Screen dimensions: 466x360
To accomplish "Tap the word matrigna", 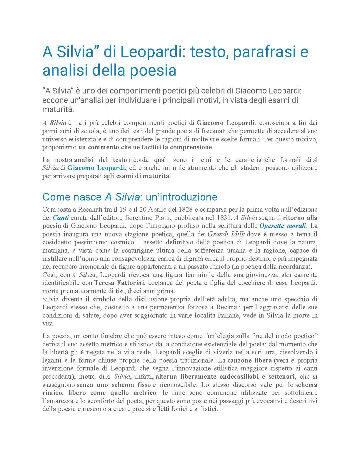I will click(55, 250).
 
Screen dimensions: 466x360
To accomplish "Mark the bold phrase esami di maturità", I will click(143, 176).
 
